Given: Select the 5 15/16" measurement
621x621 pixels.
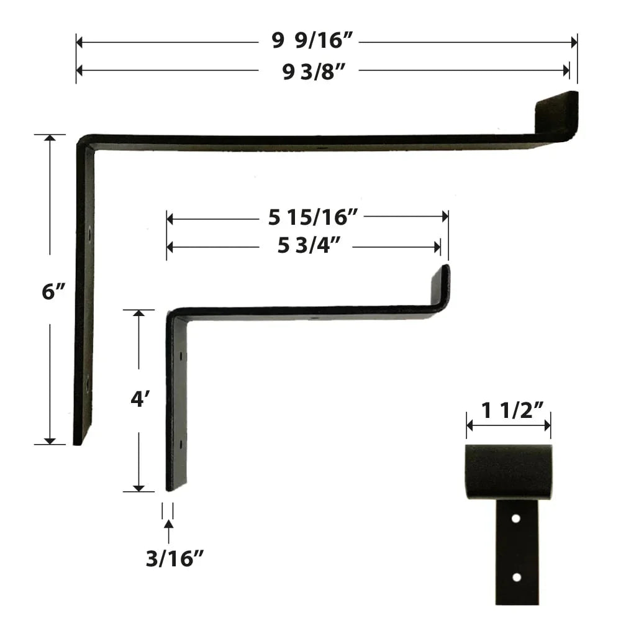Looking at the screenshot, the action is (x=309, y=217).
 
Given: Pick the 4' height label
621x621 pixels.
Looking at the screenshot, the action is (x=138, y=400).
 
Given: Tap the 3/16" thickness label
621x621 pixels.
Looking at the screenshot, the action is (x=175, y=559).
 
